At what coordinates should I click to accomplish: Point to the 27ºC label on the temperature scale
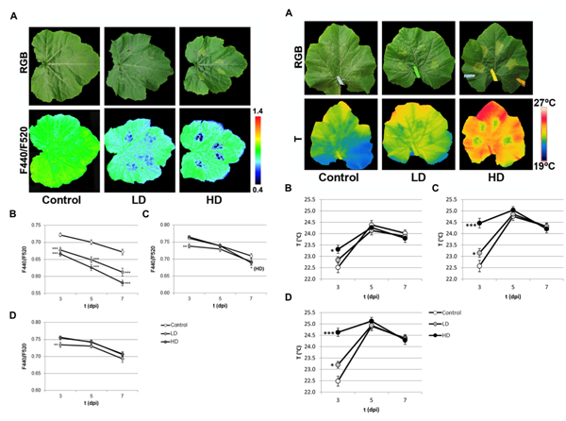(x=553, y=99)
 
